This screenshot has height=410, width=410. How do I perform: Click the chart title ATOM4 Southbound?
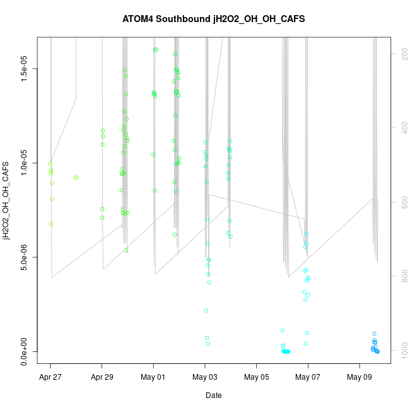click(x=213, y=19)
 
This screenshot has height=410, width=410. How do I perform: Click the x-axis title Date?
click(x=213, y=395)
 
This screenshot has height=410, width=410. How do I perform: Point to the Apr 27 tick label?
click(x=50, y=378)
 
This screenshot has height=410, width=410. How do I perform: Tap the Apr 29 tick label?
click(x=102, y=378)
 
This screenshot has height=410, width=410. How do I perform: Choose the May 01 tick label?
click(x=153, y=378)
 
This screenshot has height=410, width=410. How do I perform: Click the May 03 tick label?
click(x=205, y=378)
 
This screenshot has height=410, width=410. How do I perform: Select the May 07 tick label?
click(x=308, y=378)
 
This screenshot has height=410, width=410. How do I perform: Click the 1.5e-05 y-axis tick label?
click(x=24, y=68)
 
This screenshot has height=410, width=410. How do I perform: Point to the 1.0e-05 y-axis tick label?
click(x=24, y=163)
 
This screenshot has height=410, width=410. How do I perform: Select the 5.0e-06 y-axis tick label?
click(x=24, y=257)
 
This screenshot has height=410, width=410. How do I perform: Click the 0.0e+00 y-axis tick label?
click(x=24, y=351)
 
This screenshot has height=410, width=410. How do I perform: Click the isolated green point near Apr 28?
click(x=76, y=177)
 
